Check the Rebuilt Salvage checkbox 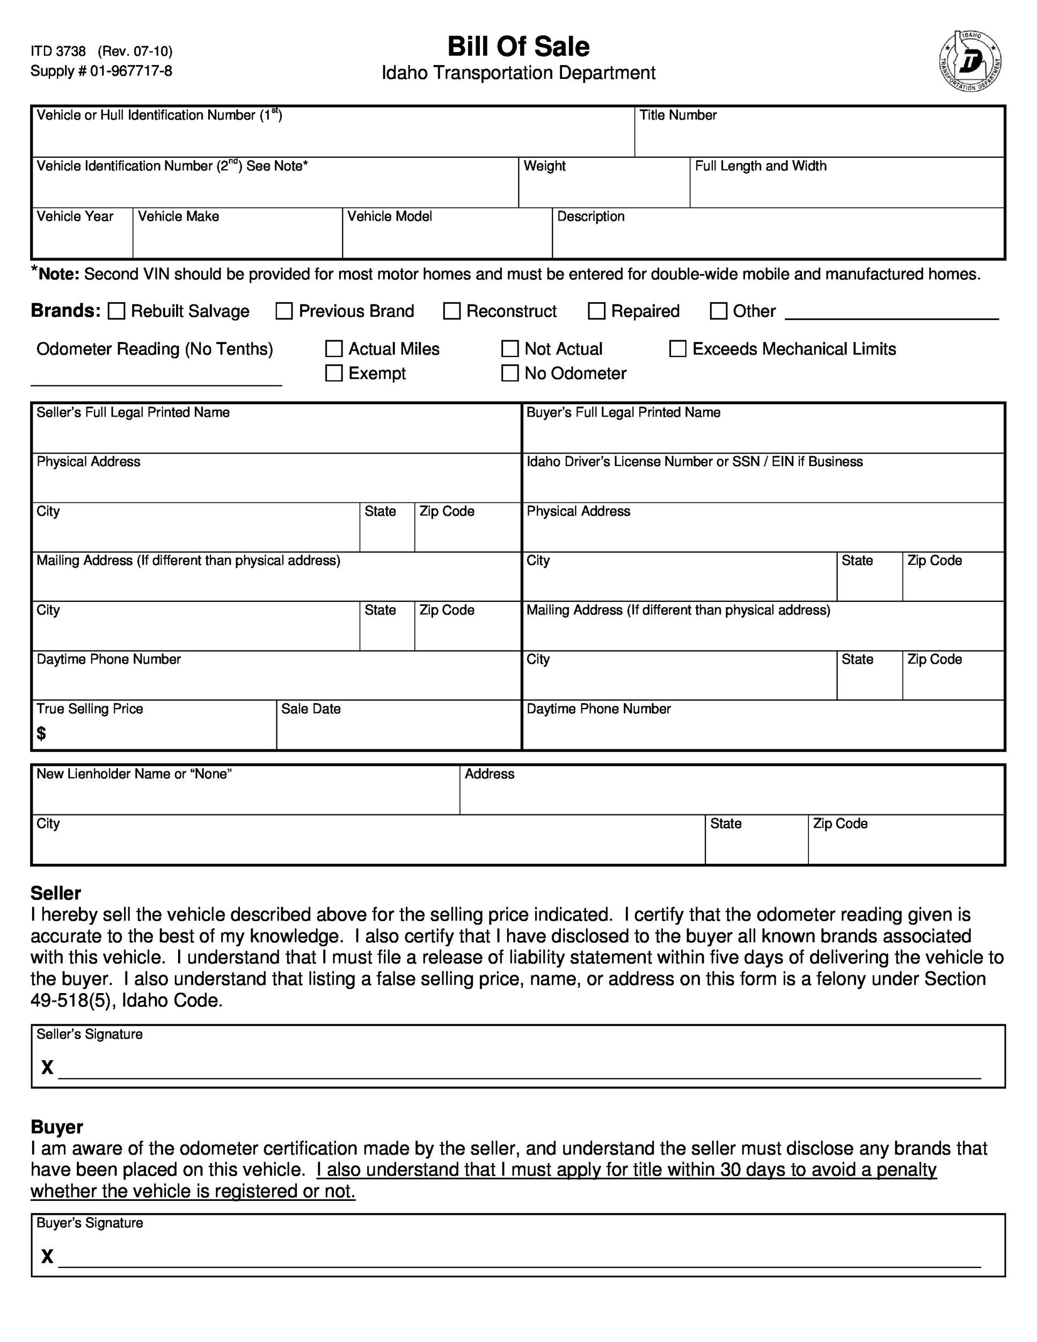[116, 311]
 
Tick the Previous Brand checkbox [284, 311]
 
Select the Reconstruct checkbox [451, 311]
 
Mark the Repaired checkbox [596, 311]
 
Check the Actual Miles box [333, 349]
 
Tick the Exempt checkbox [333, 373]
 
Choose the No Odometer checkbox [510, 373]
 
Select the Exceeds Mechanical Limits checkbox [677, 349]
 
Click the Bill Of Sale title [518, 47]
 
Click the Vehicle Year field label [75, 216]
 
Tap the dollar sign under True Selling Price [41, 733]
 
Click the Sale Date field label [311, 709]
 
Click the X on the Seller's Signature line [47, 1067]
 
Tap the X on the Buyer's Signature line [47, 1257]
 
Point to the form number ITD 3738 [59, 51]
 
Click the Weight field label [544, 166]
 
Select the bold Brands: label [65, 311]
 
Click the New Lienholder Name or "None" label [134, 774]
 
